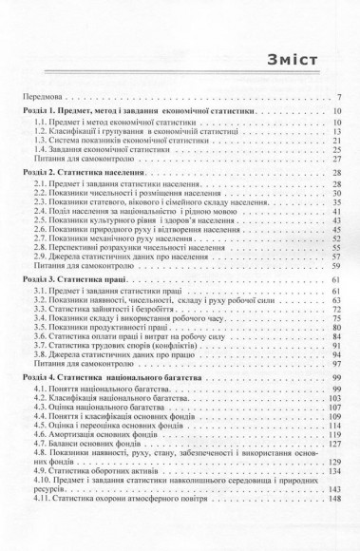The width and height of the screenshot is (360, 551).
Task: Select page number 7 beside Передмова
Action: [338, 96]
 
